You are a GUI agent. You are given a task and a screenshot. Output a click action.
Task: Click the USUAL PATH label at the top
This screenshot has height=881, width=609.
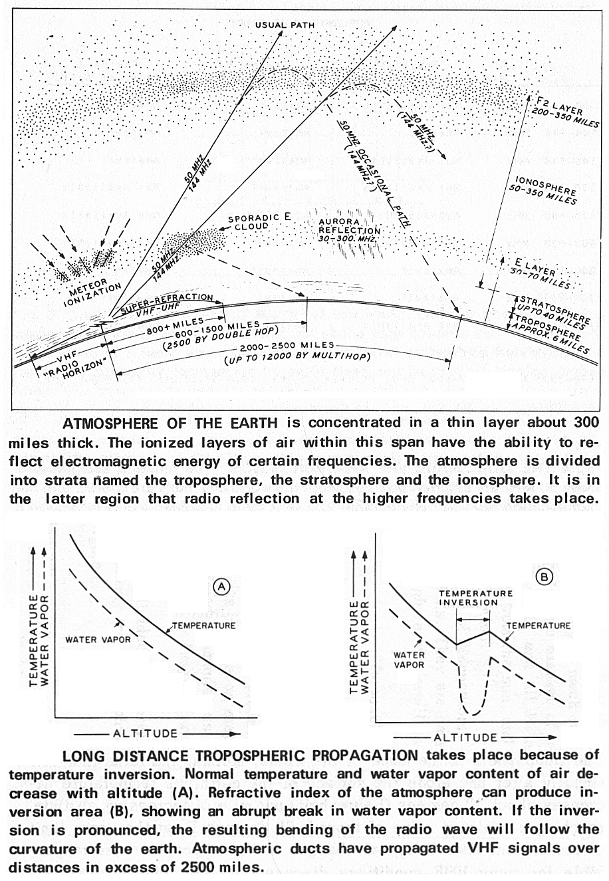click(281, 25)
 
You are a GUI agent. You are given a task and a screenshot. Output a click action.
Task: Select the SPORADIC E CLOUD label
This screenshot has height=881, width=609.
click(249, 222)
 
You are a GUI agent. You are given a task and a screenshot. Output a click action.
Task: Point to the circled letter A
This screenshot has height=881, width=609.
click(221, 586)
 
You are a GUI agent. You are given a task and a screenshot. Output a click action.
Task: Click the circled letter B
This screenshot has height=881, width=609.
click(545, 577)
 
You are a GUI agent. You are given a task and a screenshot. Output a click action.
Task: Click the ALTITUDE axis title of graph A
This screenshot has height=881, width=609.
click(146, 733)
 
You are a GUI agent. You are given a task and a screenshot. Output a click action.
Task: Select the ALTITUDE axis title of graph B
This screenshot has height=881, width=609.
click(465, 737)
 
